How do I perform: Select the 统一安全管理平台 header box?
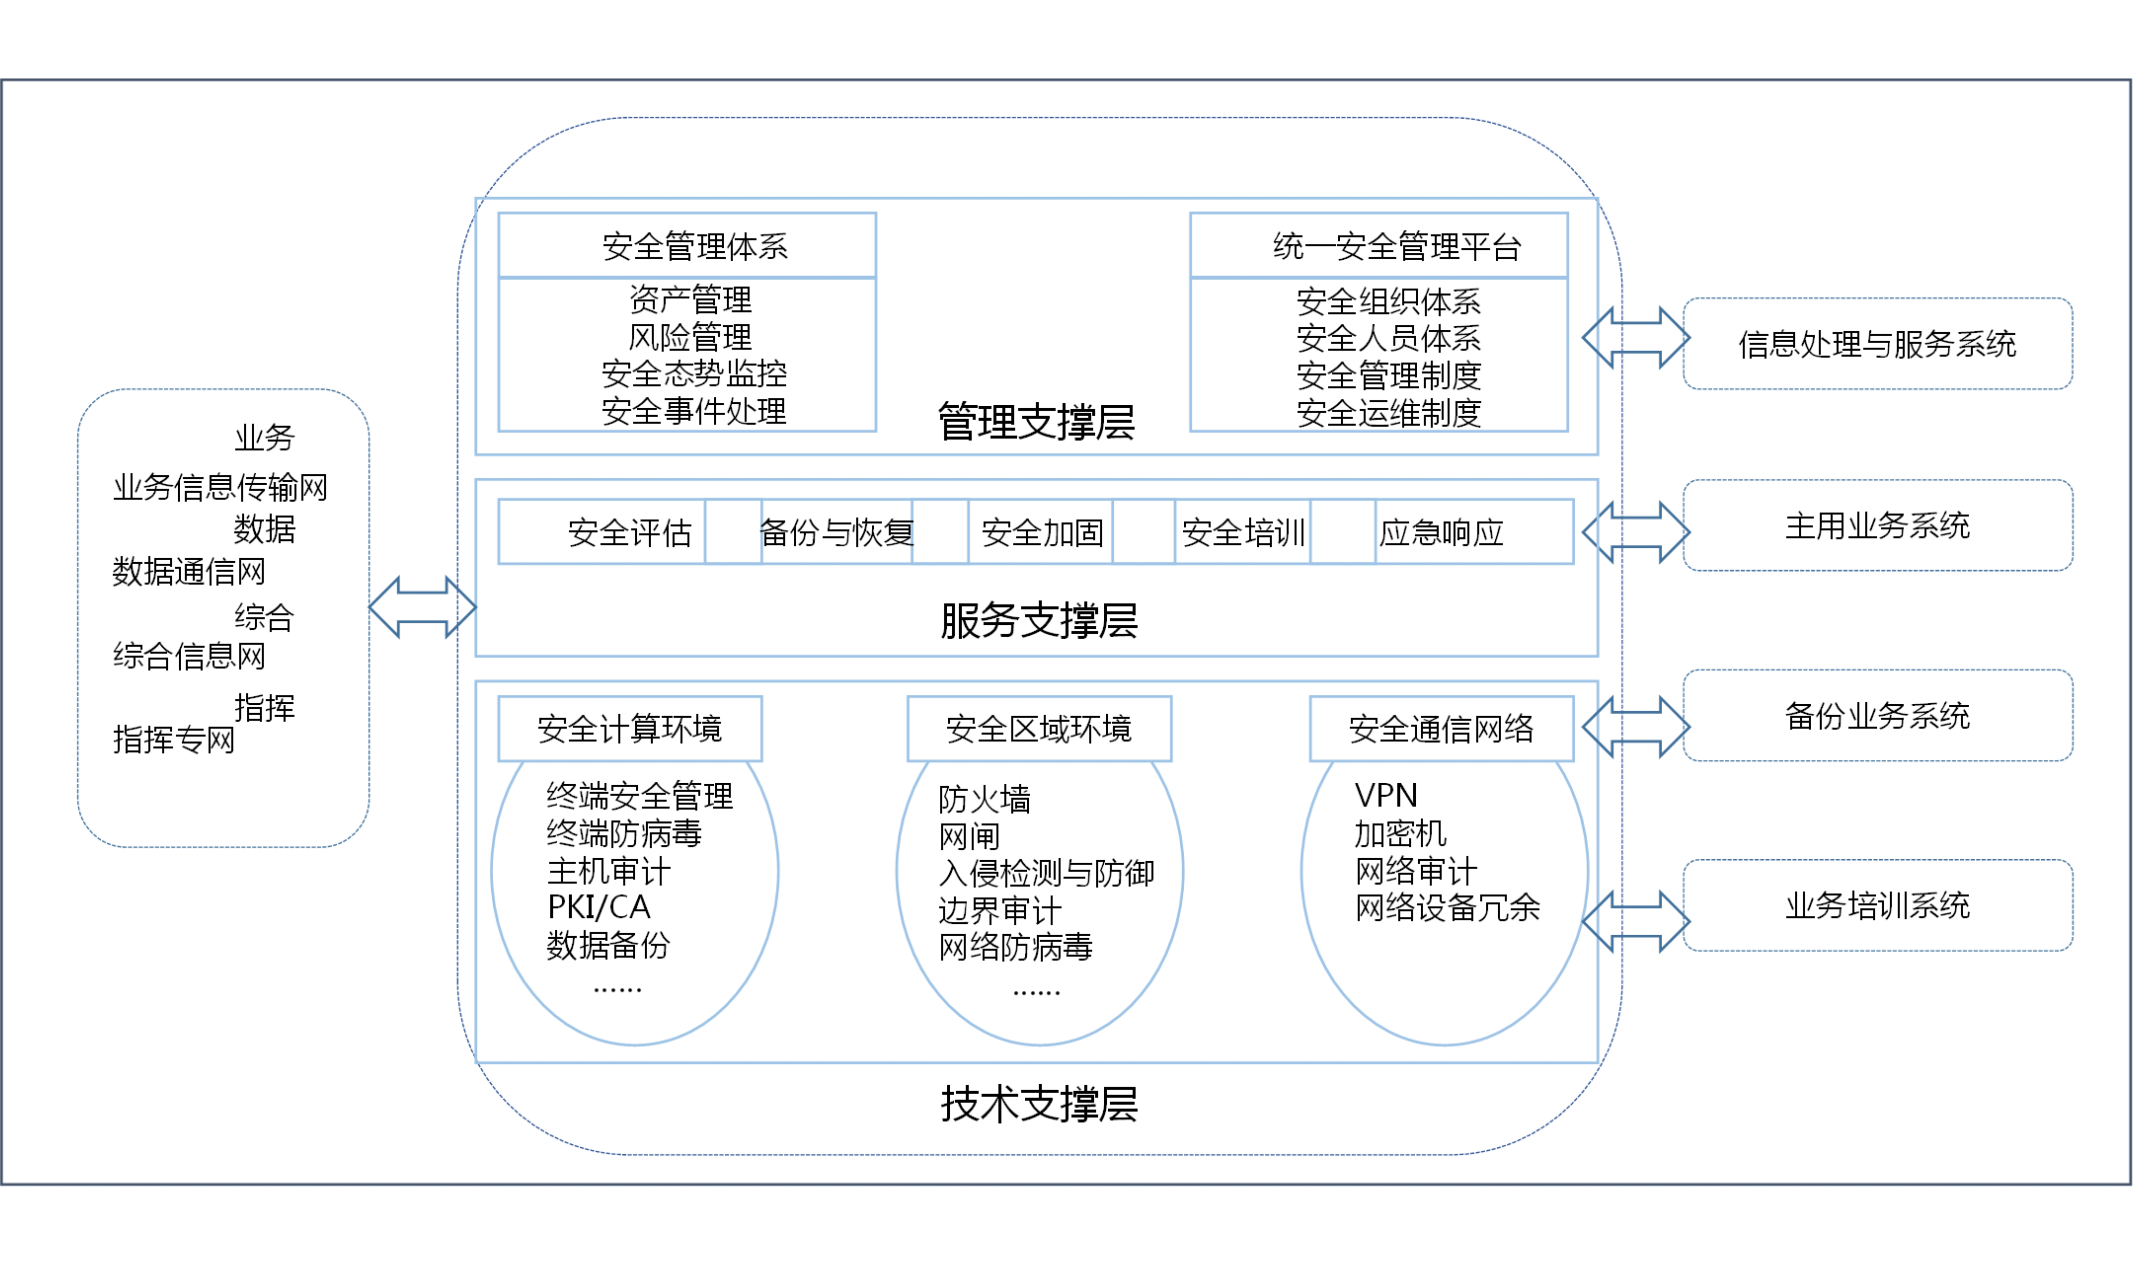pyautogui.click(x=1379, y=246)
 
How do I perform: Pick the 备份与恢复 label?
pyautogui.click(x=836, y=533)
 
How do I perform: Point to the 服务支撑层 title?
pyautogui.click(x=1038, y=620)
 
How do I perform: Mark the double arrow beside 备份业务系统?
pyautogui.click(x=1636, y=727)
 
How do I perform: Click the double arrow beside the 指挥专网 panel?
pyautogui.click(x=422, y=607)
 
